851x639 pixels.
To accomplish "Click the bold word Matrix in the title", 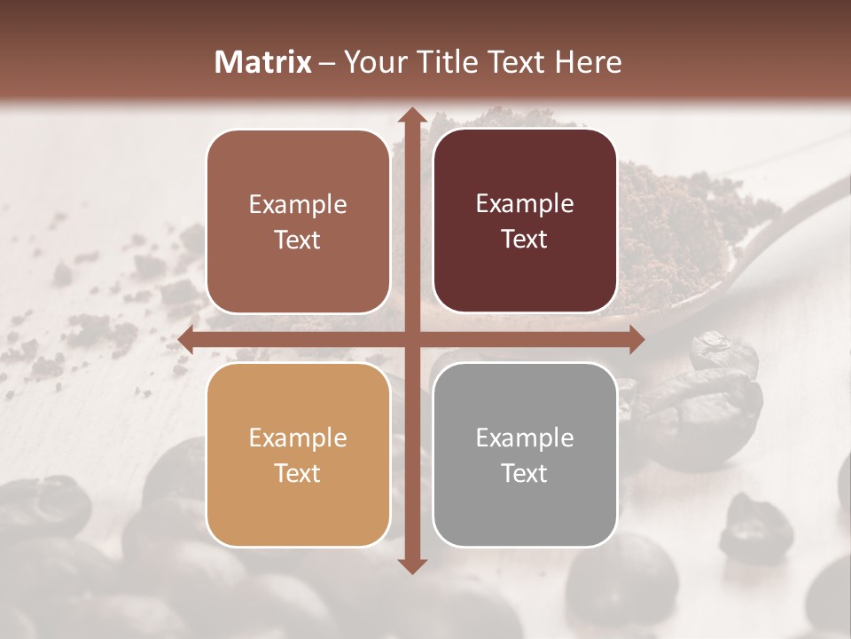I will point(263,62).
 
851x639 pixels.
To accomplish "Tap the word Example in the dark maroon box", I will point(525,204).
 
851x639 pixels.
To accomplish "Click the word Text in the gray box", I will point(525,473).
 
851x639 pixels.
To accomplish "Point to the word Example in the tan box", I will point(298,438).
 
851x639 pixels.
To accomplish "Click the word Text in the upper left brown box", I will point(298,241).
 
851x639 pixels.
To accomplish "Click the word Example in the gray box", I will point(525,438).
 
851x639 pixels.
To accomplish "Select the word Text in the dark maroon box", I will point(525,240).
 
